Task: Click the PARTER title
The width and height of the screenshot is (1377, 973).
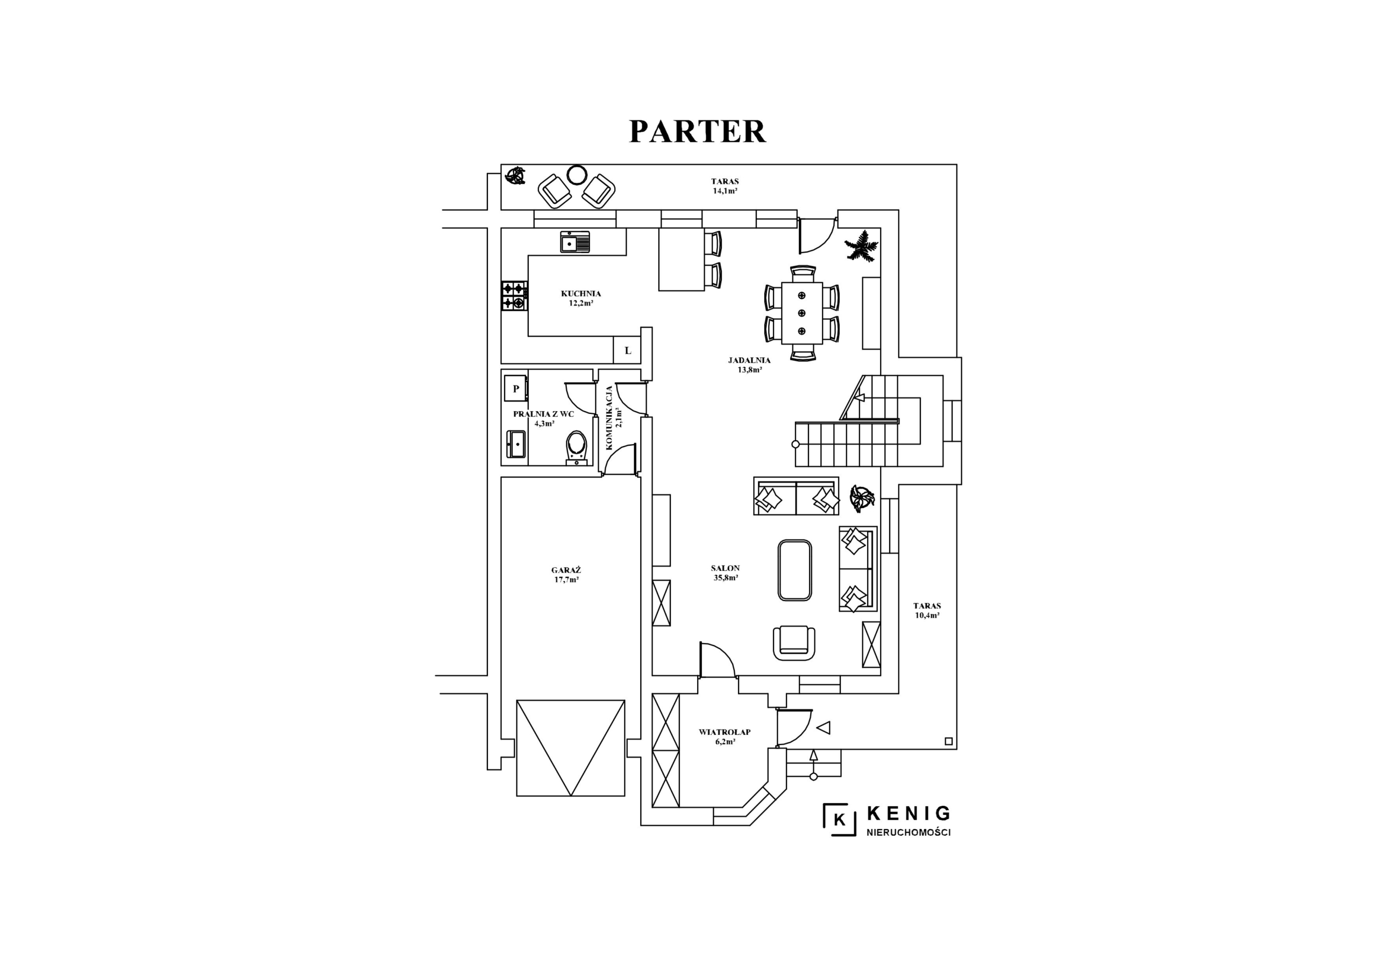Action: (697, 131)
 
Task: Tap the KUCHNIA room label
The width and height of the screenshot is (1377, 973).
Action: (580, 294)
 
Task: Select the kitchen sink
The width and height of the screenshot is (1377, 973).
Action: (575, 242)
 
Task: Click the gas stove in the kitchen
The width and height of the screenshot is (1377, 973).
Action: (515, 296)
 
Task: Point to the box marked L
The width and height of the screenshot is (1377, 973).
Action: (627, 350)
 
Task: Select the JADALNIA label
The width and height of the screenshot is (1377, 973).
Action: (749, 360)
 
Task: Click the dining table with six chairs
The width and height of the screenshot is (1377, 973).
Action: (802, 313)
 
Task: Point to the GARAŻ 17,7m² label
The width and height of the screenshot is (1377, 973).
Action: (566, 575)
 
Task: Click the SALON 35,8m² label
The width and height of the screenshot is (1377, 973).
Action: (725, 573)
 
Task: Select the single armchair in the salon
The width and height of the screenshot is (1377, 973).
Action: (794, 643)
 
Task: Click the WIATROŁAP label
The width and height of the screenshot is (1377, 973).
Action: (725, 732)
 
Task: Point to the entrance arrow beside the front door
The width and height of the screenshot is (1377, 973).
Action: (824, 728)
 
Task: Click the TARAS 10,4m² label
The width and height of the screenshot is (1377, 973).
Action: (927, 610)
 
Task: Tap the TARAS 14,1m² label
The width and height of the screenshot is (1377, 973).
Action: (725, 186)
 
